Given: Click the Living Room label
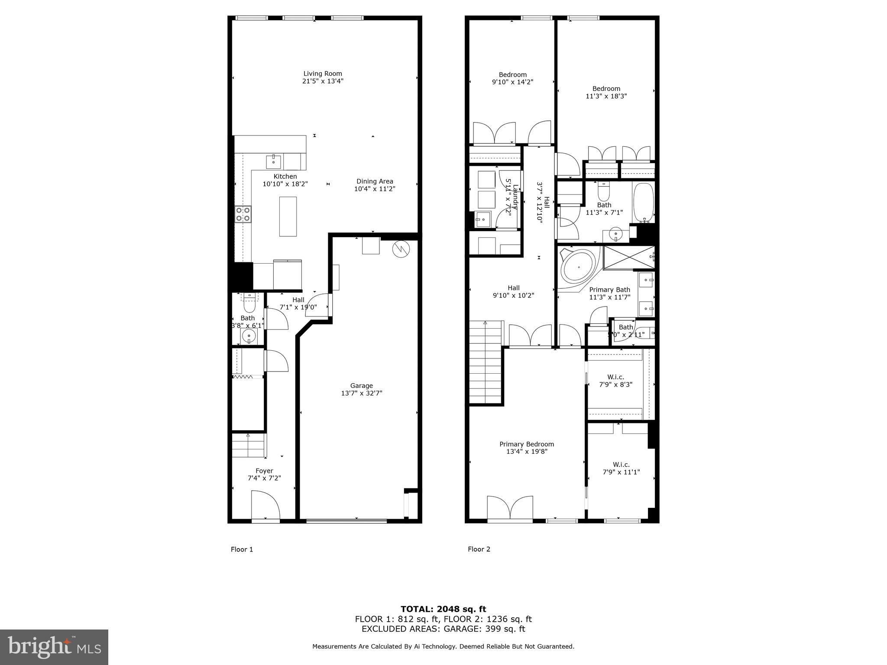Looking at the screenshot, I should [x=323, y=74].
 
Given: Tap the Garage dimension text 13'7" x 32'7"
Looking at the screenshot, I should [x=361, y=393].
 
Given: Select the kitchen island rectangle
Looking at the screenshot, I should [x=288, y=216].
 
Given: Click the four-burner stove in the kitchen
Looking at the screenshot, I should [x=243, y=214].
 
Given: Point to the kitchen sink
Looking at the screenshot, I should [x=273, y=161].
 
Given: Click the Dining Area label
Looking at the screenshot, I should [x=375, y=181].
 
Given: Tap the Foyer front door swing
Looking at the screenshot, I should [x=265, y=505].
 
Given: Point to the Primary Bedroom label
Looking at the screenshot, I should [x=526, y=444].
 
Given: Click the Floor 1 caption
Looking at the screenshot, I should [x=242, y=549].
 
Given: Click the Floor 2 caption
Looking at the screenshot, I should [x=479, y=549].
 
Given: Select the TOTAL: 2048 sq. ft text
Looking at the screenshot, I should [x=443, y=609].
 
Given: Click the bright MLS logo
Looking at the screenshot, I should [x=54, y=647].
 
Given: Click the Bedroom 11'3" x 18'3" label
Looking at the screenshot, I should [x=606, y=89].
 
